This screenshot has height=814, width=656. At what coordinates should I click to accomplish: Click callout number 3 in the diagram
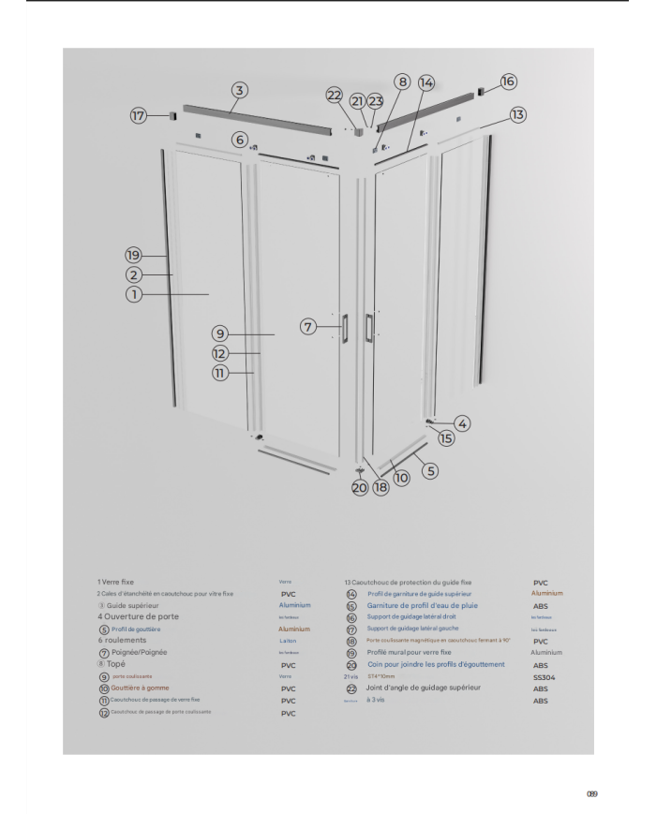tap(240, 90)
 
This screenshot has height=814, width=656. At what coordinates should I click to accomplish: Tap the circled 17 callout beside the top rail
tap(140, 115)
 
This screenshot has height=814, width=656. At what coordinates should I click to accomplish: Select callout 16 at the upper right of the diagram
tap(508, 81)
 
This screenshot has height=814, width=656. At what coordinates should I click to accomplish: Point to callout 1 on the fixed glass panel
tap(135, 293)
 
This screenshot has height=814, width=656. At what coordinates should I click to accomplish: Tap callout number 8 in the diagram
tap(401, 81)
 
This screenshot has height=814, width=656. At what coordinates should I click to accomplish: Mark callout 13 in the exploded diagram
tap(517, 113)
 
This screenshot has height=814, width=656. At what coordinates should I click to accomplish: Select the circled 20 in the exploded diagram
tap(361, 486)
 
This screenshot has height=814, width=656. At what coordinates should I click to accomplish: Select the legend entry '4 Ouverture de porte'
tap(137, 616)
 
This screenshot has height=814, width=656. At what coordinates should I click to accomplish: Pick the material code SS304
tap(544, 675)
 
